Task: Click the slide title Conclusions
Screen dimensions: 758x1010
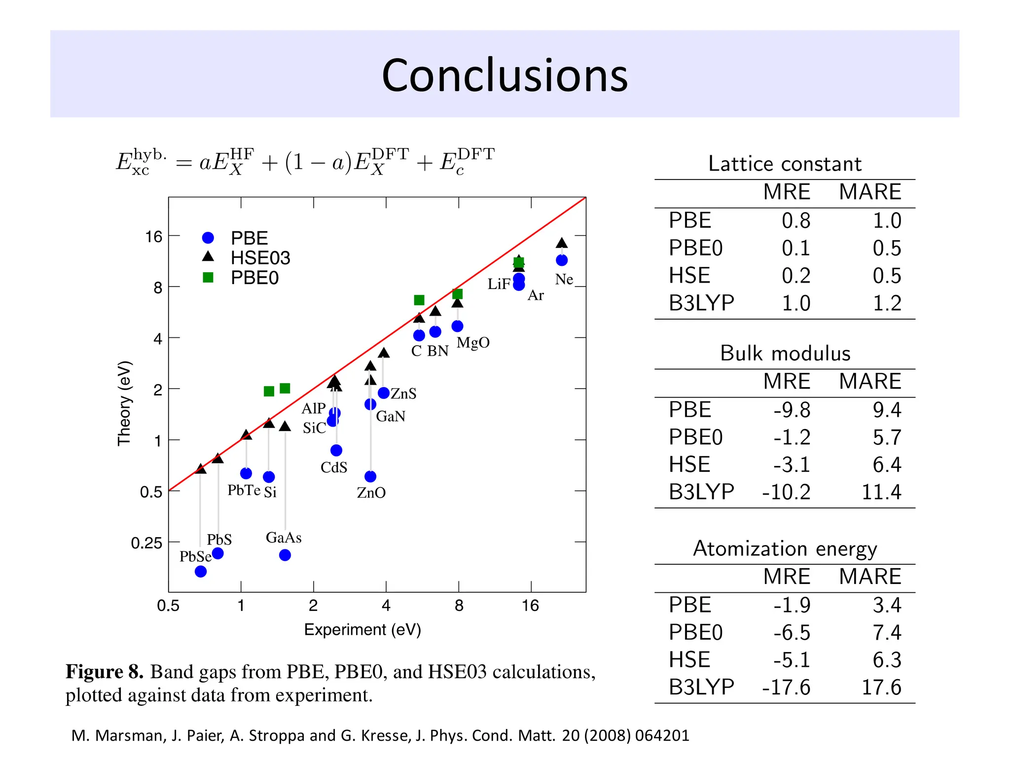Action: (505, 75)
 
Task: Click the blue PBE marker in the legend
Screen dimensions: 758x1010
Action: (208, 238)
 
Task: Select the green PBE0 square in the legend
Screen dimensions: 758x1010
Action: (208, 278)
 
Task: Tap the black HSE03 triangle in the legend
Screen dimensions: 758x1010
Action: (208, 257)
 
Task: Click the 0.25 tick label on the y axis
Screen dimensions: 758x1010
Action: (146, 543)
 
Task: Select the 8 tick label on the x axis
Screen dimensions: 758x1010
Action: (459, 606)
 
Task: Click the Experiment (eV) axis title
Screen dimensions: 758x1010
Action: (362, 630)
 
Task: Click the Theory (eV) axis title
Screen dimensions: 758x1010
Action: (124, 403)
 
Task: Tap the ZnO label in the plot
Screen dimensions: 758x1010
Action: (371, 493)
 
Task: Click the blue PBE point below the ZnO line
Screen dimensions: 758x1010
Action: (370, 476)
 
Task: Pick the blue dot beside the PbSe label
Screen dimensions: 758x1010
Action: (201, 572)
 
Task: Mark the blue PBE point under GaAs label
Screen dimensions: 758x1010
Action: (285, 555)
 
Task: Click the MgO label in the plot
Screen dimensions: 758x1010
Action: (473, 343)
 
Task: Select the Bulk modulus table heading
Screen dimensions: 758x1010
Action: (785, 354)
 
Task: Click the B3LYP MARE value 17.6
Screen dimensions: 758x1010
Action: (881, 687)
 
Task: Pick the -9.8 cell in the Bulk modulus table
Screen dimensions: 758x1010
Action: (792, 410)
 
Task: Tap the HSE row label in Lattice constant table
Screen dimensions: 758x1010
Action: (689, 275)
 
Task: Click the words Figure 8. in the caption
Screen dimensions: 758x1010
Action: (105, 672)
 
